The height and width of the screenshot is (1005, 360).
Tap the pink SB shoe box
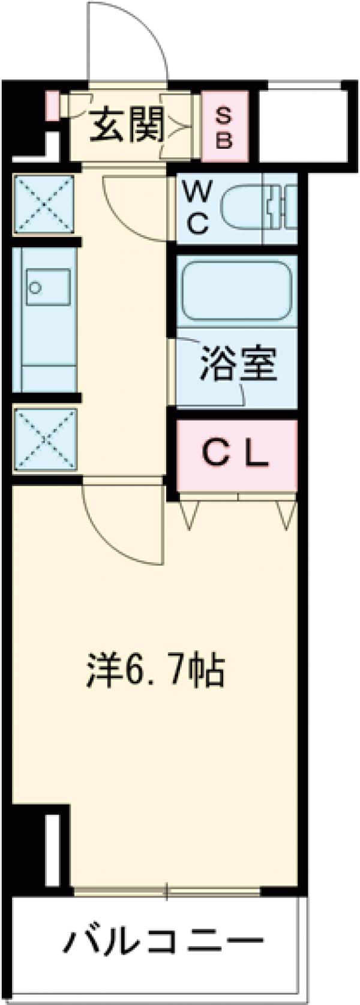(223, 127)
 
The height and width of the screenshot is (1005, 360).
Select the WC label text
(196, 208)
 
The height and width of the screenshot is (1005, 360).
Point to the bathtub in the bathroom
(236, 290)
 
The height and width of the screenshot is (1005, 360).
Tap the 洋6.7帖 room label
(155, 670)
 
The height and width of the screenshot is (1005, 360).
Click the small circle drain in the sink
(36, 287)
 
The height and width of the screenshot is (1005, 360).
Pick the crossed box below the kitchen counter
(45, 439)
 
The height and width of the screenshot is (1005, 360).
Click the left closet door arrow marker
(190, 515)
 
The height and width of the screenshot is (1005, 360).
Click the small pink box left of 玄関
(52, 105)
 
